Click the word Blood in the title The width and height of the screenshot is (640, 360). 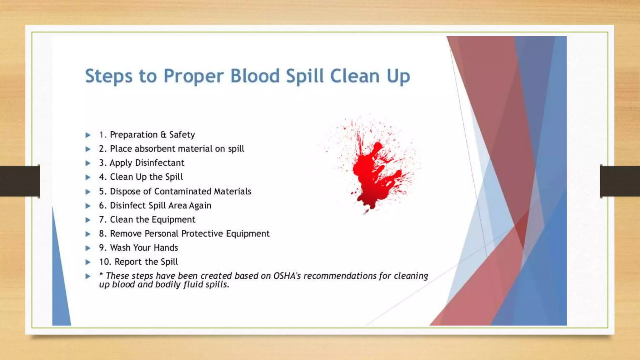coord(255,76)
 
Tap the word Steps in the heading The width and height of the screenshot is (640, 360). coord(108,77)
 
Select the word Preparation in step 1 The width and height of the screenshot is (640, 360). coord(134,135)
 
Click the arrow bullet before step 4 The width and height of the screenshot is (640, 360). coord(88,177)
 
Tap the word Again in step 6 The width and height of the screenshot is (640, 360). coord(200,206)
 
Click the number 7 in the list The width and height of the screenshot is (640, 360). coord(102,220)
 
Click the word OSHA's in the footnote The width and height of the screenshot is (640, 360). coord(287,276)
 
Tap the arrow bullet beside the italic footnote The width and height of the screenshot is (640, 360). coord(88,276)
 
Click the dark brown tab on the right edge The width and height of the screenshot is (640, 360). coord(620,181)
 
